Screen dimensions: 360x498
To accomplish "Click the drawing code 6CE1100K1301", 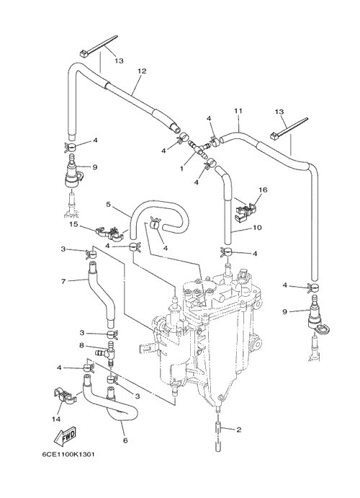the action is tap(68, 455).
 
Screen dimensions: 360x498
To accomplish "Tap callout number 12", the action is tap(142, 71).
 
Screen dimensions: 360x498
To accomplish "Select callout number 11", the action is tap(238, 111).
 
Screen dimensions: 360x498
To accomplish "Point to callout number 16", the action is tap(263, 190).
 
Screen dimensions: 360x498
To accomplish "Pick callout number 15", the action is tap(73, 225).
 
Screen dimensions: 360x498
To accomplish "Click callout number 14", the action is tap(56, 419).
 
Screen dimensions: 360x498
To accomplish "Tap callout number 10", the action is tap(257, 228).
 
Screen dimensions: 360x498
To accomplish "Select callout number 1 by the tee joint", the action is tap(181, 169).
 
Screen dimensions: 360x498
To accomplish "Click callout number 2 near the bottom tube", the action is tap(239, 430).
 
